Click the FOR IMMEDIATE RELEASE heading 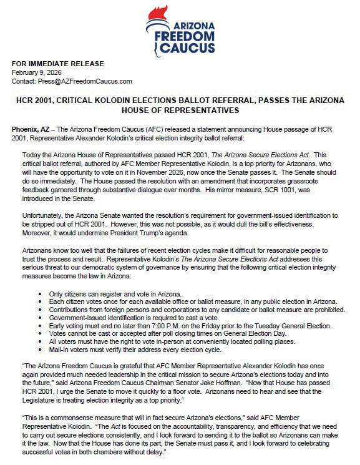[x=49, y=64]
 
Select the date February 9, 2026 [x=34, y=72]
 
